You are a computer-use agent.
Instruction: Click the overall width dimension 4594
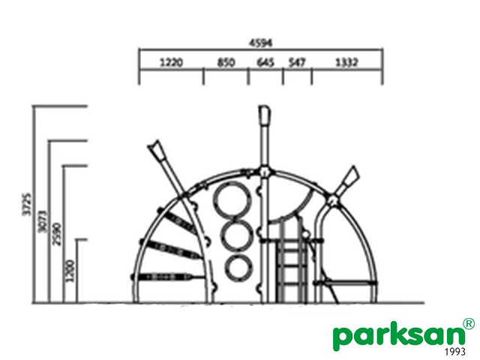260,43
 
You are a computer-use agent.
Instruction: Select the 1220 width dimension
172,62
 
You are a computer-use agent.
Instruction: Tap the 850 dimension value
226,62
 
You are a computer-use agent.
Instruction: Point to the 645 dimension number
265,62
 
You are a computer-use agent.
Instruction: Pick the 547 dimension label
297,62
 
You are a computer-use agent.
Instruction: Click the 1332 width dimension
346,62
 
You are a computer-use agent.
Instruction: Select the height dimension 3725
27,204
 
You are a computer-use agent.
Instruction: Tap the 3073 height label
43,221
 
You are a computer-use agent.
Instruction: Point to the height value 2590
57,234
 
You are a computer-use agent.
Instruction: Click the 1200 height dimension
70,271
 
